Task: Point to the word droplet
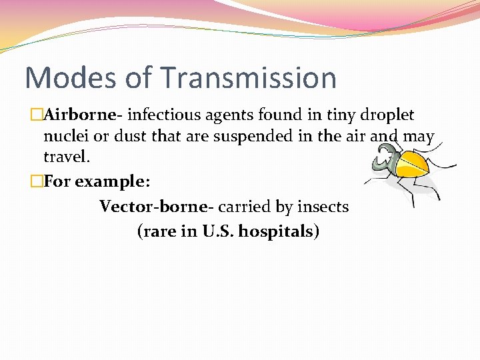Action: coord(387,115)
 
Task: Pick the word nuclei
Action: coord(63,137)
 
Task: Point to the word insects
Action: coord(323,207)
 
